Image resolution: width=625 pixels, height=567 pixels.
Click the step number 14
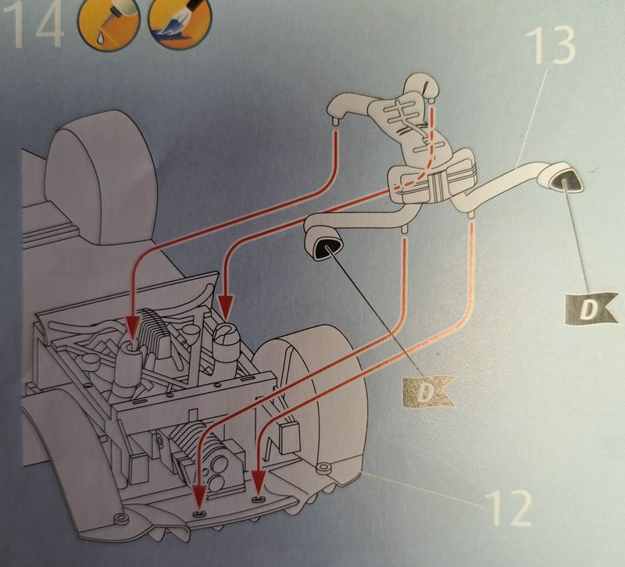click(x=33, y=24)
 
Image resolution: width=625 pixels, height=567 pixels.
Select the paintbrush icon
click(x=180, y=25)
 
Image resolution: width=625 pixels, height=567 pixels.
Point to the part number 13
click(x=551, y=47)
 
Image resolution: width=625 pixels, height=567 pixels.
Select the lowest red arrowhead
click(x=199, y=496)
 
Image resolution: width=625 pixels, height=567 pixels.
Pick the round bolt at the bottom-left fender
click(x=120, y=519)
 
